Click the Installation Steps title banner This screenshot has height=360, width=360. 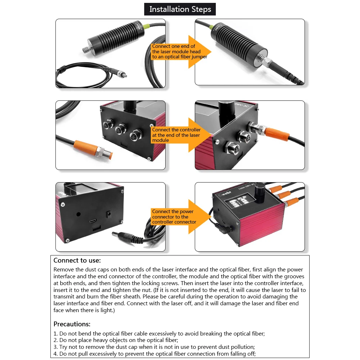pos(180,9)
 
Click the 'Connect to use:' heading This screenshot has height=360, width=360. pos(77,260)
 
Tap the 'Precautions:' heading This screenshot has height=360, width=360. pos(72,324)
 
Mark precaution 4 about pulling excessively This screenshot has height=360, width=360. pos(154,354)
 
